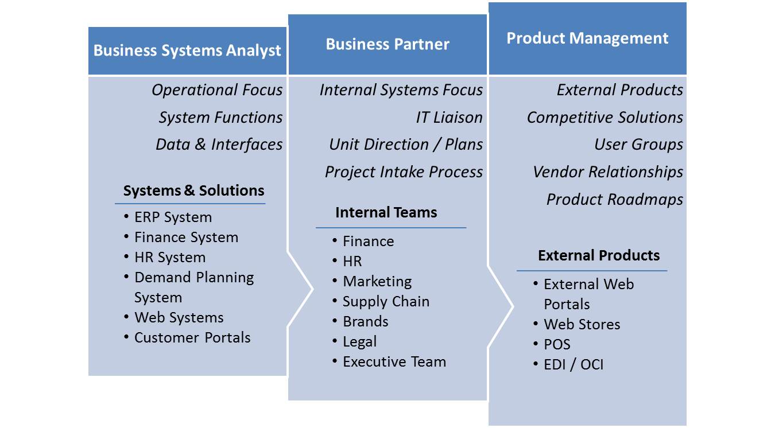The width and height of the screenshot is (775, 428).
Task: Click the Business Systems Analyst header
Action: click(x=187, y=50)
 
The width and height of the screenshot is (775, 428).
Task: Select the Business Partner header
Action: click(x=387, y=44)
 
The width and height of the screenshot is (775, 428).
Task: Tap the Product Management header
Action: click(x=587, y=38)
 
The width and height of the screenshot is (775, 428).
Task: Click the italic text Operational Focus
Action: click(x=217, y=90)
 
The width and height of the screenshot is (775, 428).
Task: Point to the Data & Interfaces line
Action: click(x=219, y=145)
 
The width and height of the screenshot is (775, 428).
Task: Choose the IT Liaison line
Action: click(x=449, y=118)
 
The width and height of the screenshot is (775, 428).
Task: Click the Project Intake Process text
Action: click(x=404, y=172)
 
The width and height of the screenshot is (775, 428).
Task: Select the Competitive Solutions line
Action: click(x=605, y=118)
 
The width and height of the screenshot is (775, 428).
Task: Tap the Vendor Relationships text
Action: click(x=608, y=172)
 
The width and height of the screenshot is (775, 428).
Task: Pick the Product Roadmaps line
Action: click(x=615, y=200)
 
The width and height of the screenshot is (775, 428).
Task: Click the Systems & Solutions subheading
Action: click(x=193, y=190)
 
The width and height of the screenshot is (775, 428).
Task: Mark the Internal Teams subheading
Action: click(x=386, y=212)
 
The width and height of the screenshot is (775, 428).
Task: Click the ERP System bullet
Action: click(x=173, y=217)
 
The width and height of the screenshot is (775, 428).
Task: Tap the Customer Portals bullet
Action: click(x=192, y=337)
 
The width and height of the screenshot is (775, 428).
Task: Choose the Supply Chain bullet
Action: click(x=386, y=302)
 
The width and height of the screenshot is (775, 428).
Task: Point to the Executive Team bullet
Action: click(x=394, y=362)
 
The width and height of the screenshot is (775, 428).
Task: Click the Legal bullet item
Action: click(x=360, y=342)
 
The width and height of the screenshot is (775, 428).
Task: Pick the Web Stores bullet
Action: click(x=582, y=325)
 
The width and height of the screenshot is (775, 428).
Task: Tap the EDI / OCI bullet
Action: click(x=573, y=365)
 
